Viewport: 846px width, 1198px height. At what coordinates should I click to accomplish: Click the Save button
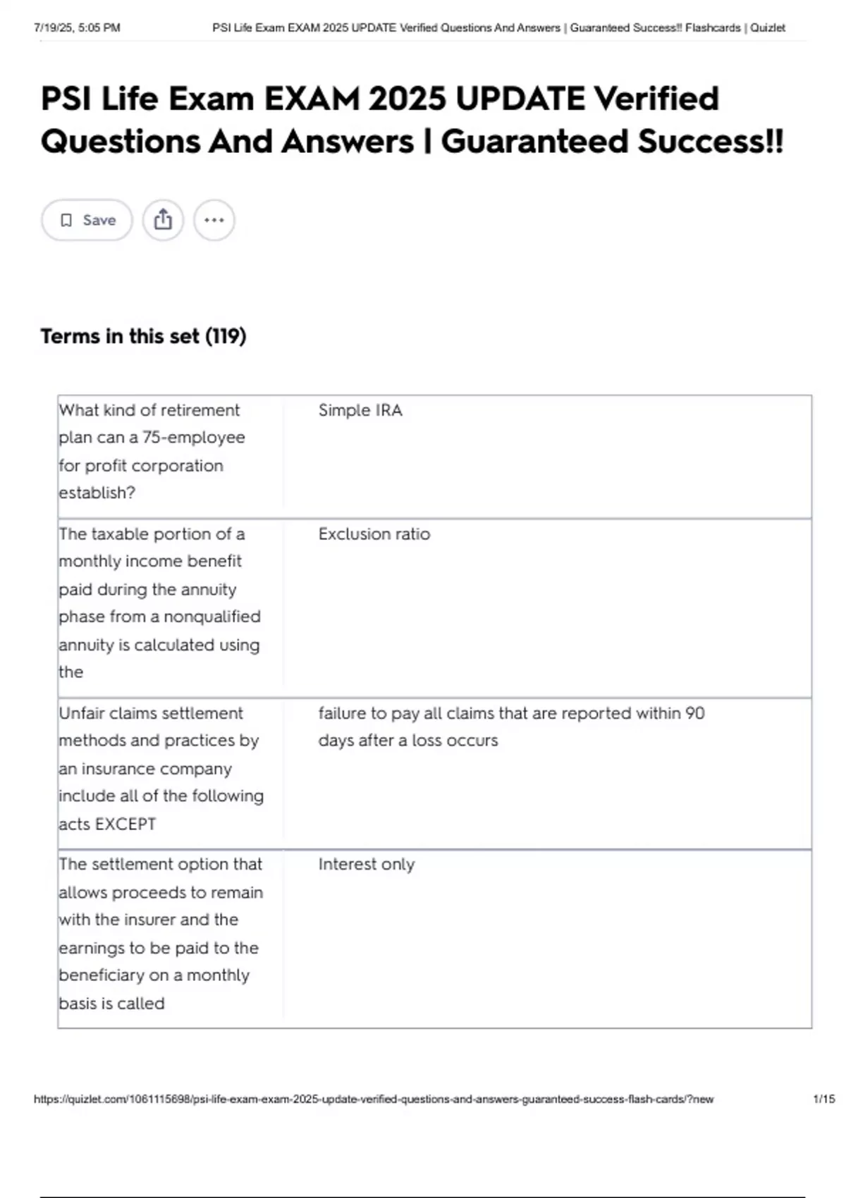[87, 221]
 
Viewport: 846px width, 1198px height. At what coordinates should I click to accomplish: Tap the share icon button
[163, 220]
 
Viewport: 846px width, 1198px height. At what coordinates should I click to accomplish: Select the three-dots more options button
[214, 221]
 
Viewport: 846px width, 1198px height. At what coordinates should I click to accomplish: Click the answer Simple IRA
[360, 410]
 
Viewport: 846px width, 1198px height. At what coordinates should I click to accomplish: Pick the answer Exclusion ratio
[374, 534]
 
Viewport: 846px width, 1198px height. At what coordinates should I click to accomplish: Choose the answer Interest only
[366, 865]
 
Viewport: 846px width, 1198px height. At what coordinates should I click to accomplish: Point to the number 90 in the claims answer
[694, 713]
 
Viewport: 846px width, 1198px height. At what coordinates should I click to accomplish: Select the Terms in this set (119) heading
[143, 336]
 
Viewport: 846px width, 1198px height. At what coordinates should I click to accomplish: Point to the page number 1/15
[823, 1099]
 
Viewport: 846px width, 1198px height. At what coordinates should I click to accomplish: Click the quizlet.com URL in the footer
[374, 1099]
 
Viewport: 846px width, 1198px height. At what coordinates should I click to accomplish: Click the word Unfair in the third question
[81, 713]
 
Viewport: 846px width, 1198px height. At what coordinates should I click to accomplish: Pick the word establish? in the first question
[97, 493]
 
